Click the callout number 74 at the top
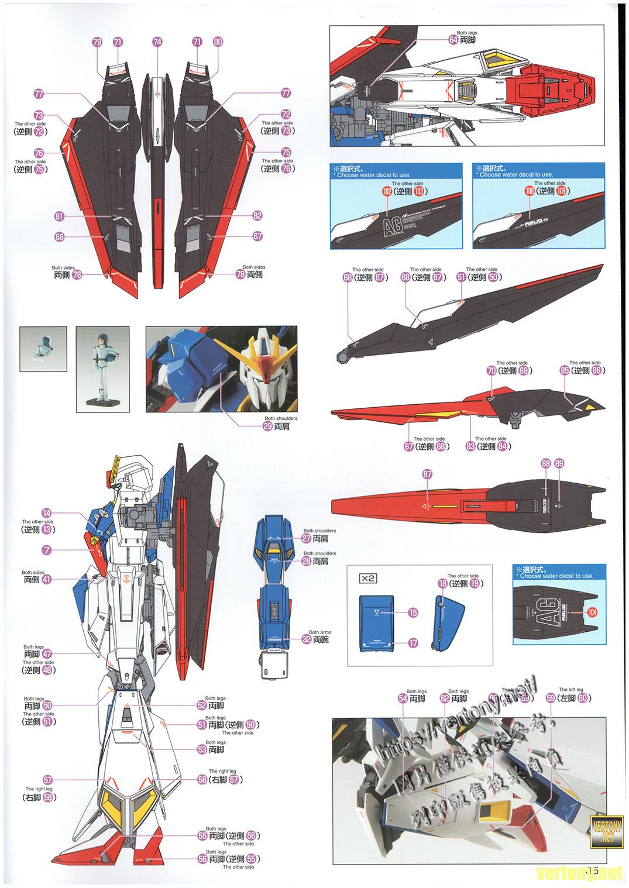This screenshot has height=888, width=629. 157,42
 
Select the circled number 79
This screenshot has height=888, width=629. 97,42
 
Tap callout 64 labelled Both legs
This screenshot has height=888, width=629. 453,40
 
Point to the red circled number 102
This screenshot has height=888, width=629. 386,191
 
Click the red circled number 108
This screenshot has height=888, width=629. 529,191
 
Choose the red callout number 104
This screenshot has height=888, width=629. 592,612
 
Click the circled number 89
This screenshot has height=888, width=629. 559,463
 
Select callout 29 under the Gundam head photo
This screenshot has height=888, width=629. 268,426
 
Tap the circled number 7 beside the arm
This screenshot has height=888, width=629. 47,550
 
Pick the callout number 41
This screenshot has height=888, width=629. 47,580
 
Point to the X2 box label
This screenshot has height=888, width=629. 367,578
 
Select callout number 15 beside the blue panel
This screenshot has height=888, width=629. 413,612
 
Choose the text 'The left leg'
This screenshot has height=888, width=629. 570,690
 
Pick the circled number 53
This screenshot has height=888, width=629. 201,749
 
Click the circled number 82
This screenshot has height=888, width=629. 257,216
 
